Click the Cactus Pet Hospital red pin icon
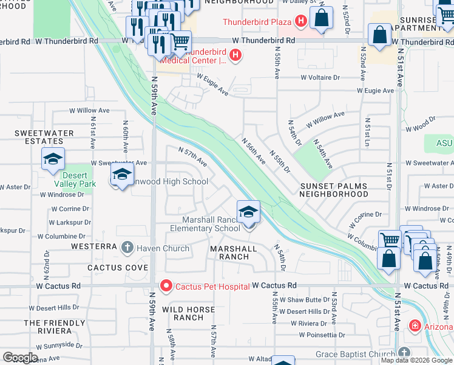coord(166,285)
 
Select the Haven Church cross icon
coord(127,248)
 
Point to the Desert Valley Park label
coord(80,179)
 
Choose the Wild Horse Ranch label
coord(189,313)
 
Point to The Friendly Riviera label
coord(48,327)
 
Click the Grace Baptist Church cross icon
coord(405,352)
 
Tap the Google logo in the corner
coord(19,358)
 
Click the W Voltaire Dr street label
coord(328,78)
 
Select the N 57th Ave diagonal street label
coord(193,156)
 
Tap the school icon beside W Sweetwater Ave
coord(53,159)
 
